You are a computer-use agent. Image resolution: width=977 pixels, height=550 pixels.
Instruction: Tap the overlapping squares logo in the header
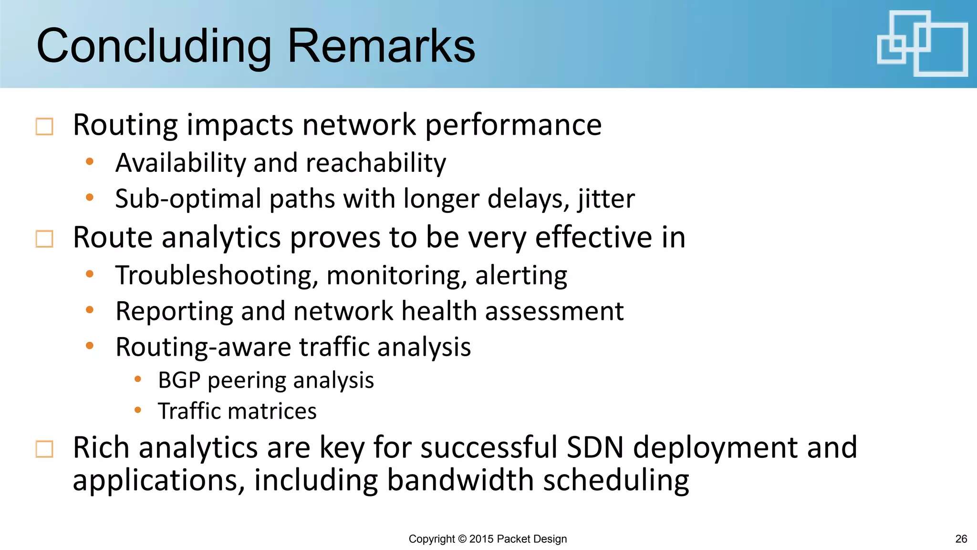[x=922, y=43]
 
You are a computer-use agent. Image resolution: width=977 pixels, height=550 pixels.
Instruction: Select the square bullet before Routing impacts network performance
[x=44, y=127]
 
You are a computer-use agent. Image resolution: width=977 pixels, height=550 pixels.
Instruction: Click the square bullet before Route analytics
[x=44, y=239]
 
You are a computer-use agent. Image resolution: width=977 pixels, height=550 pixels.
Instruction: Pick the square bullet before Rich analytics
[x=44, y=449]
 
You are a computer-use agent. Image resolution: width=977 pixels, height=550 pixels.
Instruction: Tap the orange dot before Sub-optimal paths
[x=89, y=197]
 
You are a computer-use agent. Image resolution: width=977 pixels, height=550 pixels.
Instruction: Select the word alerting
[x=521, y=275]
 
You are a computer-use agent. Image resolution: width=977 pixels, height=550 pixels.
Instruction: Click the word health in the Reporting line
[x=439, y=311]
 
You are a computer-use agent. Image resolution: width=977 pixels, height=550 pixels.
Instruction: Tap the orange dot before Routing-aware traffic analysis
[x=89, y=346]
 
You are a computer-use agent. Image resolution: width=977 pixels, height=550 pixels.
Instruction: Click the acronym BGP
[x=179, y=381]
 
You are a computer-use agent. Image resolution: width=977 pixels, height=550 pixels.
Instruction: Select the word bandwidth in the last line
[x=460, y=480]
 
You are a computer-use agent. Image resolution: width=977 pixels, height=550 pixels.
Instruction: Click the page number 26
[x=961, y=539]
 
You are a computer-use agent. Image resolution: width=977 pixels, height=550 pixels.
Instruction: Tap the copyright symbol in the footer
[x=462, y=539]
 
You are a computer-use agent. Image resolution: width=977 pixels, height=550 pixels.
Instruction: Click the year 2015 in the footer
[x=481, y=539]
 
